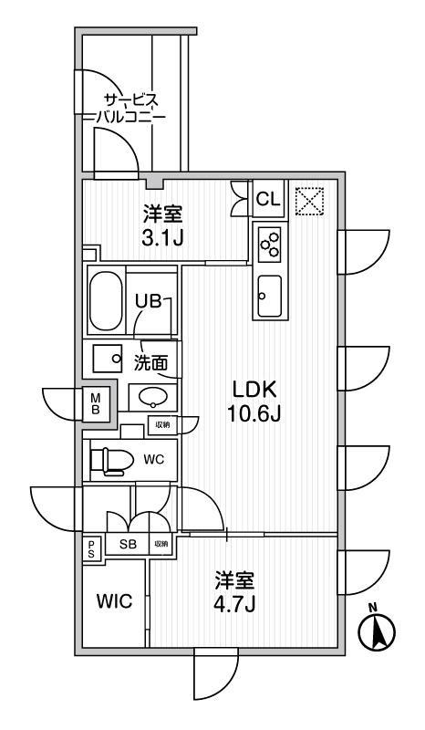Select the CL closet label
click(x=267, y=198)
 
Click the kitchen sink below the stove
click(x=269, y=296)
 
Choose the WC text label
click(x=154, y=459)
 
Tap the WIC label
click(x=114, y=602)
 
